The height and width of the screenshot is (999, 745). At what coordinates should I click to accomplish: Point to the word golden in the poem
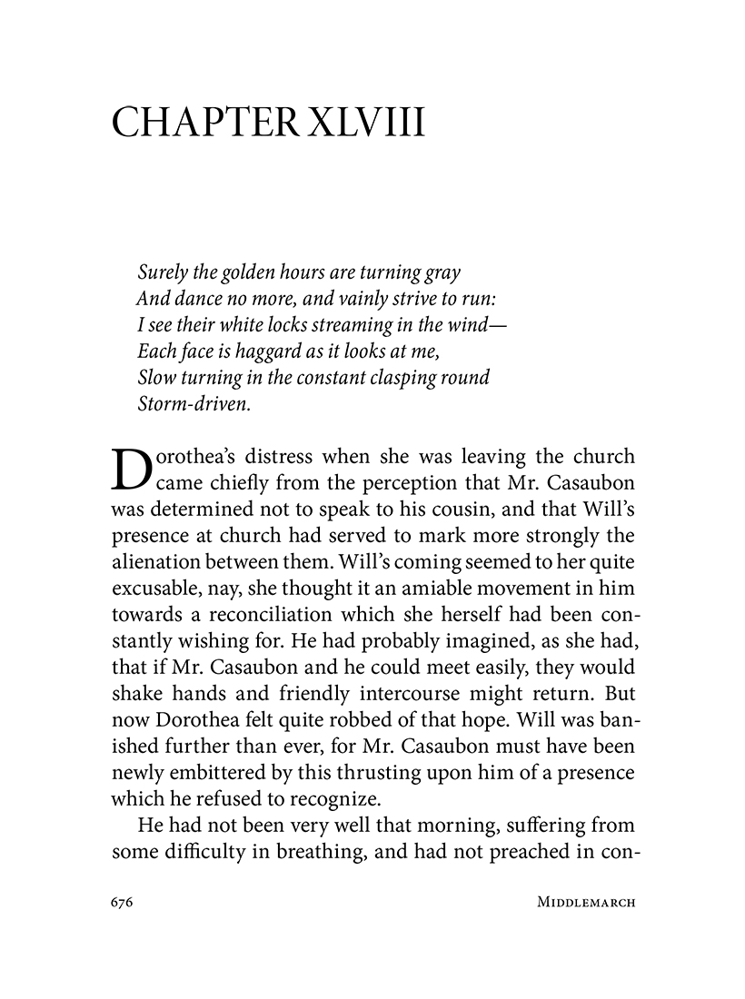pyautogui.click(x=248, y=272)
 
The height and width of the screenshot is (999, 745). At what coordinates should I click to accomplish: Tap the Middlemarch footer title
pyautogui.click(x=585, y=904)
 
